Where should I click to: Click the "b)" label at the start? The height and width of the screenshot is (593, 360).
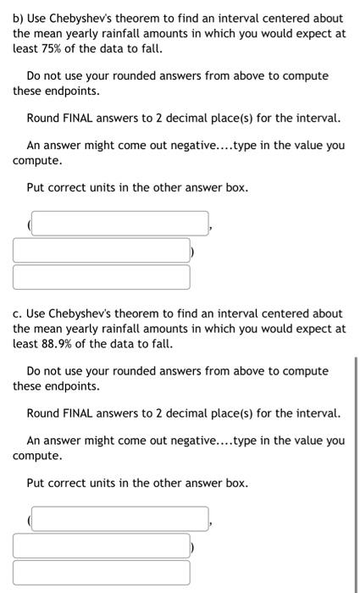(x=19, y=18)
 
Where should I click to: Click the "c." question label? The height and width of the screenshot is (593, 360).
(x=18, y=313)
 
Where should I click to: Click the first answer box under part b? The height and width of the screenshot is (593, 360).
(x=119, y=224)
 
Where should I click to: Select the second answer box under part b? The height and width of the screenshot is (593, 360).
(x=101, y=250)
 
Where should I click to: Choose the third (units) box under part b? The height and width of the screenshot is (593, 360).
(x=101, y=276)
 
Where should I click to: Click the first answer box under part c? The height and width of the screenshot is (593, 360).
(x=119, y=519)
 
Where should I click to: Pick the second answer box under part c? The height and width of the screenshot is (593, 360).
(x=101, y=546)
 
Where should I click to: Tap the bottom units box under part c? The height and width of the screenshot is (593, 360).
(x=101, y=572)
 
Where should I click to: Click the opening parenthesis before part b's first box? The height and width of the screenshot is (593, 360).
(x=29, y=224)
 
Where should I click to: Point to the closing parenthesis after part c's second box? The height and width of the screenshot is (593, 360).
(x=193, y=546)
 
